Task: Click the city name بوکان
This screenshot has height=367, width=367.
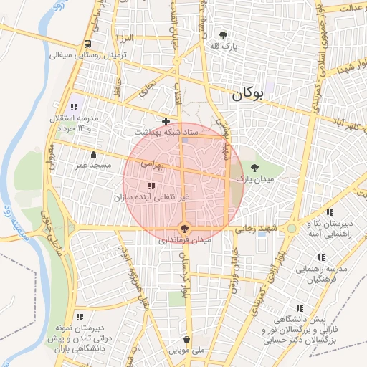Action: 247,93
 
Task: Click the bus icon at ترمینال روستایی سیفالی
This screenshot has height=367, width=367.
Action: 87,43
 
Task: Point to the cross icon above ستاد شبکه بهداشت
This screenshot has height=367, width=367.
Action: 166,121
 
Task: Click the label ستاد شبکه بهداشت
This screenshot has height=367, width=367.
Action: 166,133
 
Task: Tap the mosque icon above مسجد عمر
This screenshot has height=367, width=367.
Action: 93,154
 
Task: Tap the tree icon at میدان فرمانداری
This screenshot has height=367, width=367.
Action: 186,229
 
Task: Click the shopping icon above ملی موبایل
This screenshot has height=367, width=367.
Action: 186,339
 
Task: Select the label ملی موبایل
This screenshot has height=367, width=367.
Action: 186,351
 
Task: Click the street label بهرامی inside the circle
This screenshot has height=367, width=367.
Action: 152,165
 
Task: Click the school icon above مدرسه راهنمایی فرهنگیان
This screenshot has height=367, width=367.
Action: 320,257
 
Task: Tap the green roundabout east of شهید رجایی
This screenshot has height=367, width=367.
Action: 292,229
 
